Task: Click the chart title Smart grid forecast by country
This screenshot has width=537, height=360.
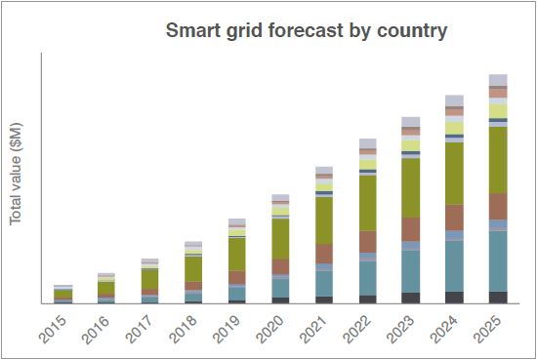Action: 307,30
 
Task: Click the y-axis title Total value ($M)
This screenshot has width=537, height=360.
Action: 16,174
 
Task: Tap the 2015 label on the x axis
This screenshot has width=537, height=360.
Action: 53,329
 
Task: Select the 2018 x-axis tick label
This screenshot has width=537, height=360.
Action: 184,329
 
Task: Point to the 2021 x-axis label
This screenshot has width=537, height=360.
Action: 313,329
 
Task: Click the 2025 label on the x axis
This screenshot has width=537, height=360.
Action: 487,329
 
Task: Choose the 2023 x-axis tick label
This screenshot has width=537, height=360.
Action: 400,329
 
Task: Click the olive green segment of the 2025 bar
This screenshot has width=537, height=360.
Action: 498,160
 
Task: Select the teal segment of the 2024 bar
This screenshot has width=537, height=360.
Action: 454,266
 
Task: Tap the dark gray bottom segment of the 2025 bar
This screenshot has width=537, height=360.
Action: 498,298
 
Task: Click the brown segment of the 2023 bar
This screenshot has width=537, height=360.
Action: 411,229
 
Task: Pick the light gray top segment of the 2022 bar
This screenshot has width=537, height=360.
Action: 368,143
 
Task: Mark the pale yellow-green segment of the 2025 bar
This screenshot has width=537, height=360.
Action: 498,111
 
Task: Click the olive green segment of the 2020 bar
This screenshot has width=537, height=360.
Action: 280,238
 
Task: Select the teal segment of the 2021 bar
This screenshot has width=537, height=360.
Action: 324,284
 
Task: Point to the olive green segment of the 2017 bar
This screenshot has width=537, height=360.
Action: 149,280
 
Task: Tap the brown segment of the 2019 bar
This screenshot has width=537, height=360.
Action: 237,277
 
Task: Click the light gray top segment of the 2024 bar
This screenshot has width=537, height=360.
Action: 454,100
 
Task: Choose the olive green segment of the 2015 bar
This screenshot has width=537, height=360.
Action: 63,294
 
